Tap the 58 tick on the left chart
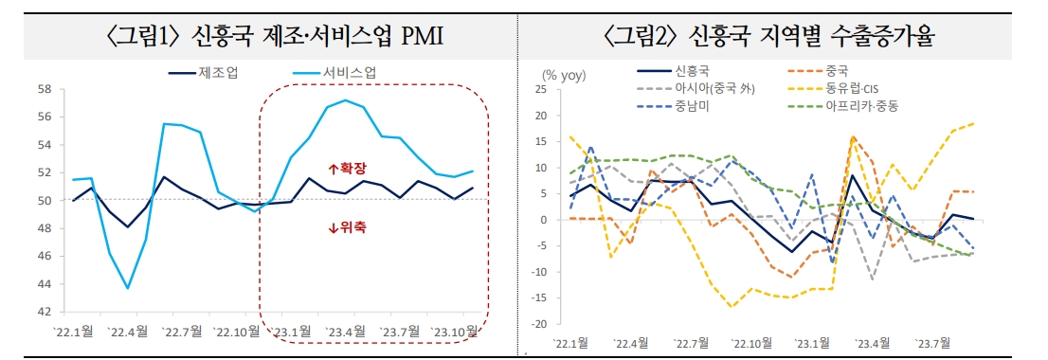click(44, 90)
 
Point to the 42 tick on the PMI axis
click(44, 312)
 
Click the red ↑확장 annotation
click(347, 168)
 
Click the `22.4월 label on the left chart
click(126, 332)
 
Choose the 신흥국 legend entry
click(692, 70)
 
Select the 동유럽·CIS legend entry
click(852, 88)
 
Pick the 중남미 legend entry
click(692, 106)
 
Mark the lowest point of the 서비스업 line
click(128, 288)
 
